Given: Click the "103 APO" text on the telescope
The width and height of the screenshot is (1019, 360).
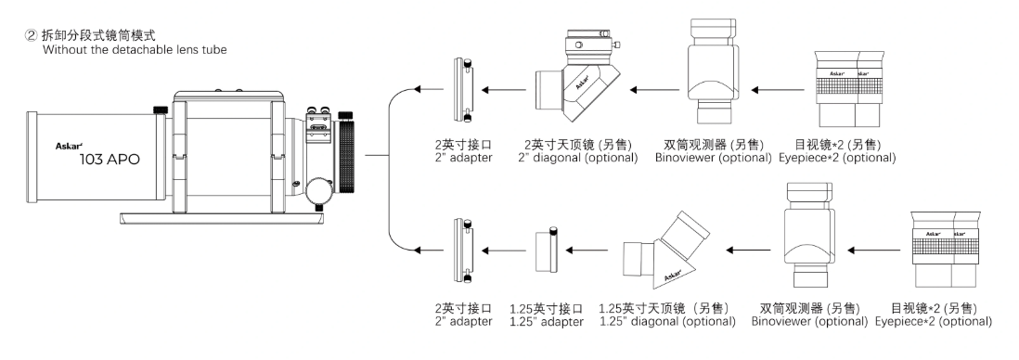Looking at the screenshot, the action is [x=110, y=160].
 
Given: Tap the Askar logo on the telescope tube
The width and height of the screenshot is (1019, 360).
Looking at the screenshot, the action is [x=67, y=147].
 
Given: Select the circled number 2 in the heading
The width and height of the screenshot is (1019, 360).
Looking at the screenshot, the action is [x=31, y=36].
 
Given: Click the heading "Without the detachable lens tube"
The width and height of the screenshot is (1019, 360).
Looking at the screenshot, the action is [x=135, y=49].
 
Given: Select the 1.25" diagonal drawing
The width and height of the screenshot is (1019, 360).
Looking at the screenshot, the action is [x=665, y=249].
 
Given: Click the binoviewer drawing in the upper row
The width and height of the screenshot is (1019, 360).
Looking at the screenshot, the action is [x=714, y=71].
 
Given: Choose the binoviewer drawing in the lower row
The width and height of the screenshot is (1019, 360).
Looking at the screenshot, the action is [x=809, y=235].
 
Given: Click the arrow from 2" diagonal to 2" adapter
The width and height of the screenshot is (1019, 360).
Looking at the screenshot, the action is [x=506, y=90].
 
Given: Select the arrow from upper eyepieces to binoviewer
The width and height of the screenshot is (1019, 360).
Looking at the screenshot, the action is [x=777, y=90].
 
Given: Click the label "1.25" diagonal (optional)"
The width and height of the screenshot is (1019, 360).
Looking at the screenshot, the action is [x=667, y=321].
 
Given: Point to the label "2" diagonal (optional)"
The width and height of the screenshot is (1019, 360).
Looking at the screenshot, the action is [x=578, y=157].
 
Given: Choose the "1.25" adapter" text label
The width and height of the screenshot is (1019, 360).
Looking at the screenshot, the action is [x=547, y=321].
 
